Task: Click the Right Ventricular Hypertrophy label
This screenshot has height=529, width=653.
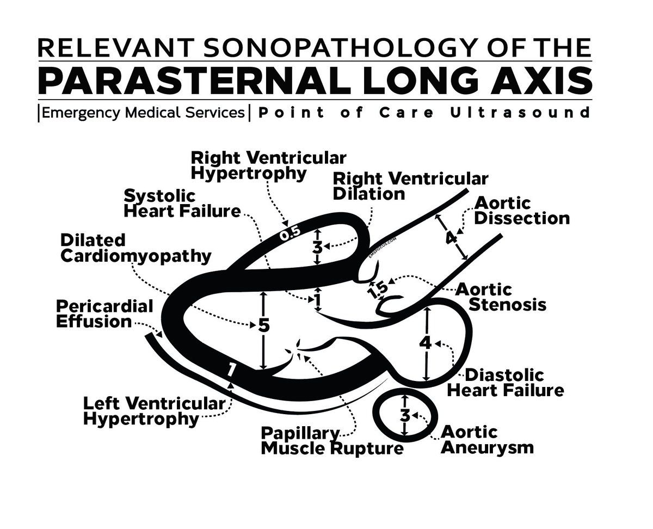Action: [268, 165]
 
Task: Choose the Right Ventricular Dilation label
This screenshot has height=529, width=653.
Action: [410, 186]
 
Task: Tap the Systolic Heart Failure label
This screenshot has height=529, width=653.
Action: [182, 203]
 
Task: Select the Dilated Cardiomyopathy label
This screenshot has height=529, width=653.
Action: [135, 248]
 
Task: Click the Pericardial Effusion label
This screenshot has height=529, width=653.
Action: [104, 313]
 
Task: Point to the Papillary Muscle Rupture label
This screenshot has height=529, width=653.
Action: [332, 441]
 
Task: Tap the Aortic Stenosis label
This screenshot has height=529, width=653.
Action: [500, 296]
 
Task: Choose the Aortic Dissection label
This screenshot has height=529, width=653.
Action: [521, 211]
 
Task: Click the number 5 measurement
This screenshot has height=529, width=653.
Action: [263, 325]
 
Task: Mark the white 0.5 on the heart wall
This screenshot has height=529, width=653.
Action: [289, 233]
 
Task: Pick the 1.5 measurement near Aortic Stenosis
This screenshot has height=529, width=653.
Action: [377, 290]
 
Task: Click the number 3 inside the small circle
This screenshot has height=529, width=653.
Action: [405, 415]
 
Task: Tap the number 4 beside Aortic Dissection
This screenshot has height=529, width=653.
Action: [451, 238]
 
